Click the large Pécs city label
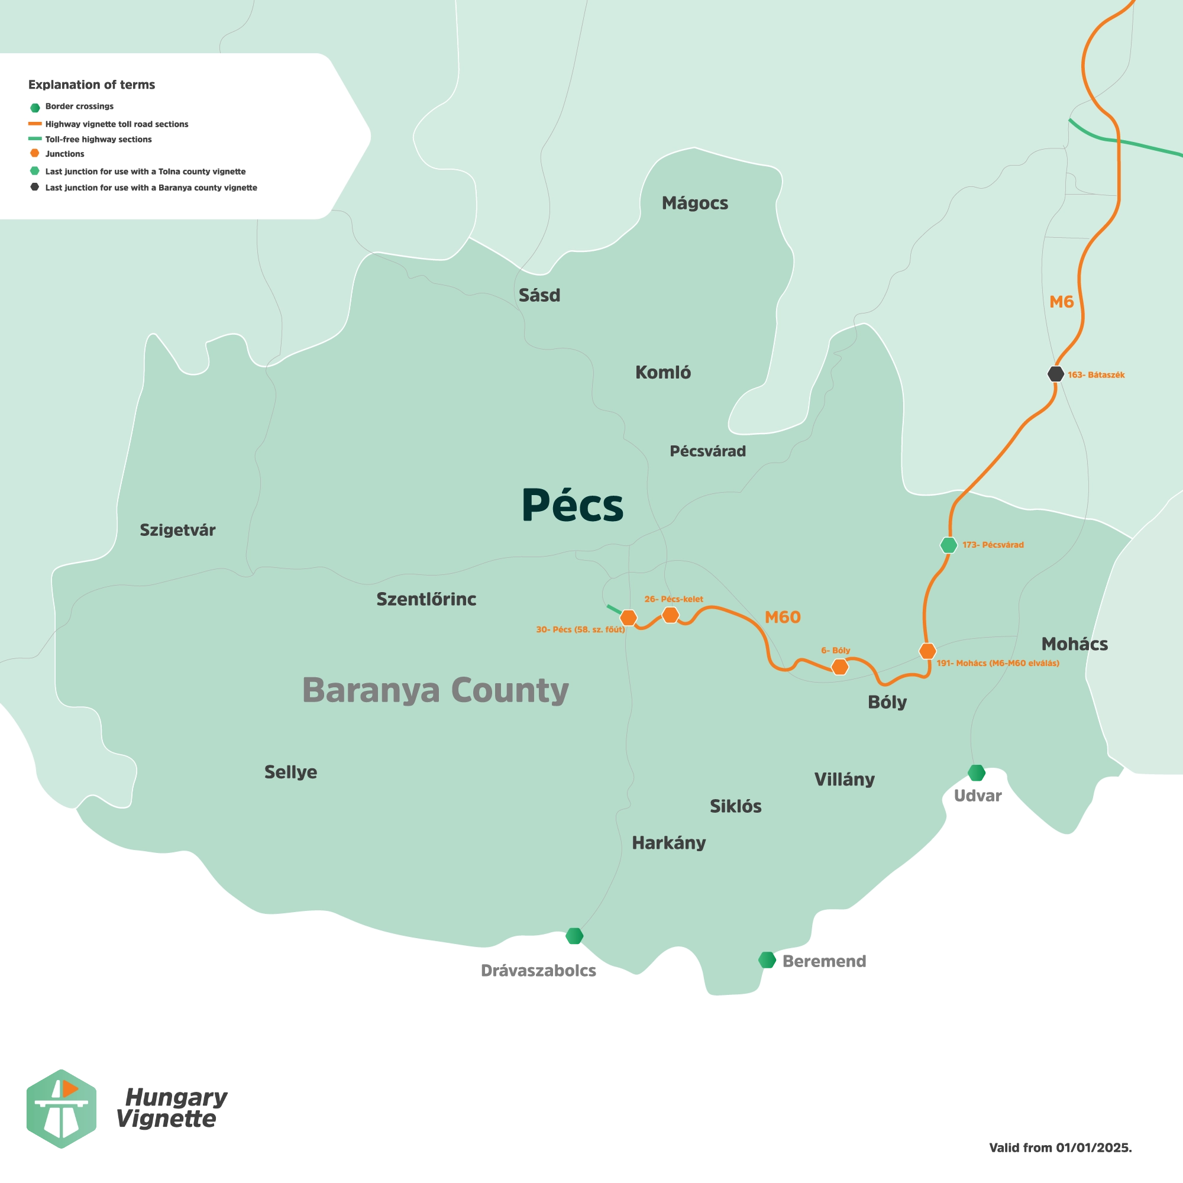pos(572,506)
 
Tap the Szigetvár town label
pos(177,530)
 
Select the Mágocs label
pos(694,203)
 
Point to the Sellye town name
pos(290,772)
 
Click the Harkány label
pos(668,843)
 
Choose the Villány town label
pos(844,780)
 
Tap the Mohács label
pos(1074,644)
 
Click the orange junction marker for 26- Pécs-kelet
pos(671,615)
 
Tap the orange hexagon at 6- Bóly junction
pos(839,667)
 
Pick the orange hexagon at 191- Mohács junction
pos(927,651)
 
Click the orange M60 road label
pos(782,617)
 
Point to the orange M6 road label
pos(1061,302)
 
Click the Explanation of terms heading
pos(91,85)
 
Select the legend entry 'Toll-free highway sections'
pos(98,140)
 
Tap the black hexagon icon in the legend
pos(35,187)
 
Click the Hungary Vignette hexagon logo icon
pos(60,1108)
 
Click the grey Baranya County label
pos(435,691)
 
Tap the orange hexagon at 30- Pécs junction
pos(628,617)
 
